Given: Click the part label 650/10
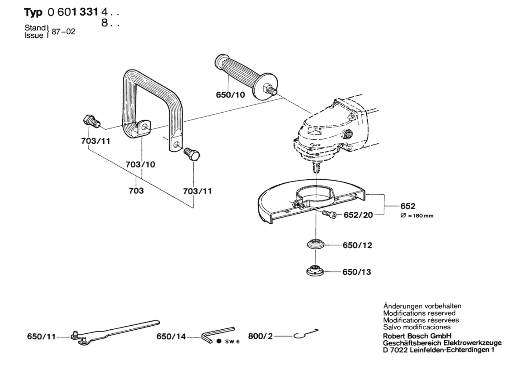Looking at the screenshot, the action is pos(230,95).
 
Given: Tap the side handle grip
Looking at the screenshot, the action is pos(246,77).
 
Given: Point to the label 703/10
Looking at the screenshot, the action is pos(140,164).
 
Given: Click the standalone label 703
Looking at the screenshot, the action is pos(136,191).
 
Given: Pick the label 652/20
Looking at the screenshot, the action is pos(358,215).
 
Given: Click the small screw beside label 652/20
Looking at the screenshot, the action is pos(329,214).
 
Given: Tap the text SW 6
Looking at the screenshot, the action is pos(232,341).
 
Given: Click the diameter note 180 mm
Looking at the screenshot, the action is pos(417,216).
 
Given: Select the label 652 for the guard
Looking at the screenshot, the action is pos(408,206).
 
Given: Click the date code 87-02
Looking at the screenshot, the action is pos(63,32).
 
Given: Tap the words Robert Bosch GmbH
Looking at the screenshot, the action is pos(417,336).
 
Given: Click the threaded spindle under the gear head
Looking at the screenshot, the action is pos(316,167).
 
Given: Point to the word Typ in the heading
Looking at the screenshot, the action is pos(33,12).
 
